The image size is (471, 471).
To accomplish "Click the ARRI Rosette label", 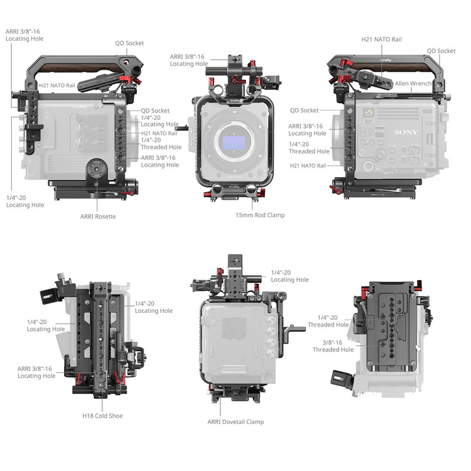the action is click(x=98, y=216).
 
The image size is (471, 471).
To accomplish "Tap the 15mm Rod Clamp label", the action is click(x=260, y=215).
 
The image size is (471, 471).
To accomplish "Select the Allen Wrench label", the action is click(x=413, y=84).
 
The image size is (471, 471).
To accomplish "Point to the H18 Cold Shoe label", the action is click(x=102, y=416).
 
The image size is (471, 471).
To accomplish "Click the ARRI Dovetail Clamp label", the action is click(x=235, y=422).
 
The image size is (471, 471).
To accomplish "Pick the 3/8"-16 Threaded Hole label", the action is click(x=333, y=346).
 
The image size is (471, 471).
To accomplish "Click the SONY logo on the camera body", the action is click(x=406, y=132).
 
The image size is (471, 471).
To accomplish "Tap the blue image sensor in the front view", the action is click(x=234, y=143).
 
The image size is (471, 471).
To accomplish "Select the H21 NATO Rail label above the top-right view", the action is click(x=381, y=40).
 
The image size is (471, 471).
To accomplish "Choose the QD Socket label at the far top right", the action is click(x=441, y=51).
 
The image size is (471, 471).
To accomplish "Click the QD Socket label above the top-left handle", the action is click(x=129, y=43).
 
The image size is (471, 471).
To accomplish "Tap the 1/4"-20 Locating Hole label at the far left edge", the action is click(x=25, y=201).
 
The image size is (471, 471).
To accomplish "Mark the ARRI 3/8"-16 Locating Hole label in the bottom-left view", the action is click(x=36, y=372).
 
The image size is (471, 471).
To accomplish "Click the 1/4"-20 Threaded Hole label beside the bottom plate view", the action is click(x=328, y=321).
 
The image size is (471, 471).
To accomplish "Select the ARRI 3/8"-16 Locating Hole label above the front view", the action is click(x=189, y=60).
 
